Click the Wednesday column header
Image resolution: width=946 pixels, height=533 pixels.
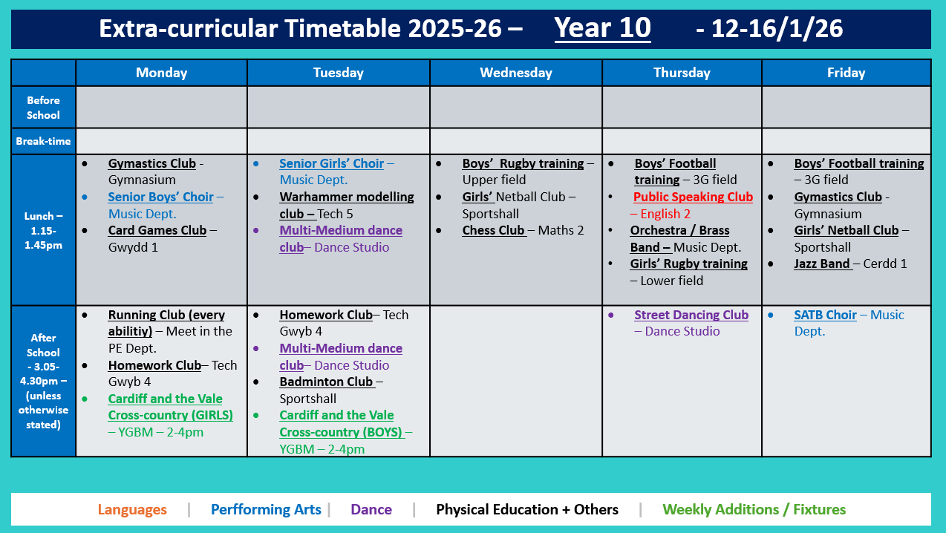pos(515,73)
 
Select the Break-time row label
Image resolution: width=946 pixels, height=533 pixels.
pos(43,140)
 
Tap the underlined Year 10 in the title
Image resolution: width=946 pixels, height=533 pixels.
pos(602,28)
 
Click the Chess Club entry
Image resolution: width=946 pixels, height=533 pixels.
pos(494,230)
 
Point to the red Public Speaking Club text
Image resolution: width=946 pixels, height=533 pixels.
pos(693,197)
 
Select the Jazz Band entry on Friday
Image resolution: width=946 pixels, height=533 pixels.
pos(823,264)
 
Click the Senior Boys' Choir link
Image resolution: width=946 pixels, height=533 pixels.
pos(160,197)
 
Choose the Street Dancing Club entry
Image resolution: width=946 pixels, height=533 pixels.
pos(691,315)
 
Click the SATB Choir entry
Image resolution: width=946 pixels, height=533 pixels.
pos(825,315)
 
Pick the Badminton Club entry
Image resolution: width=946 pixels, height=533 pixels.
pos(326,382)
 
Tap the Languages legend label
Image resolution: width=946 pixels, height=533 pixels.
pos(132,510)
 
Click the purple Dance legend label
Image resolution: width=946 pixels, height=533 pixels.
pos(371,510)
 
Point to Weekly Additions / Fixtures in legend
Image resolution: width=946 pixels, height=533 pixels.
pos(754,510)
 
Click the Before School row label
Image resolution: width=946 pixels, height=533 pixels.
pos(43,108)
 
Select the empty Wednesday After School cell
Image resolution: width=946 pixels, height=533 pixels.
pos(515,381)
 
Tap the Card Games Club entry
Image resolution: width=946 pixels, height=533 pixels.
pos(157,230)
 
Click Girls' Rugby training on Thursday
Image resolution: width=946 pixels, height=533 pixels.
pos(688,264)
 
